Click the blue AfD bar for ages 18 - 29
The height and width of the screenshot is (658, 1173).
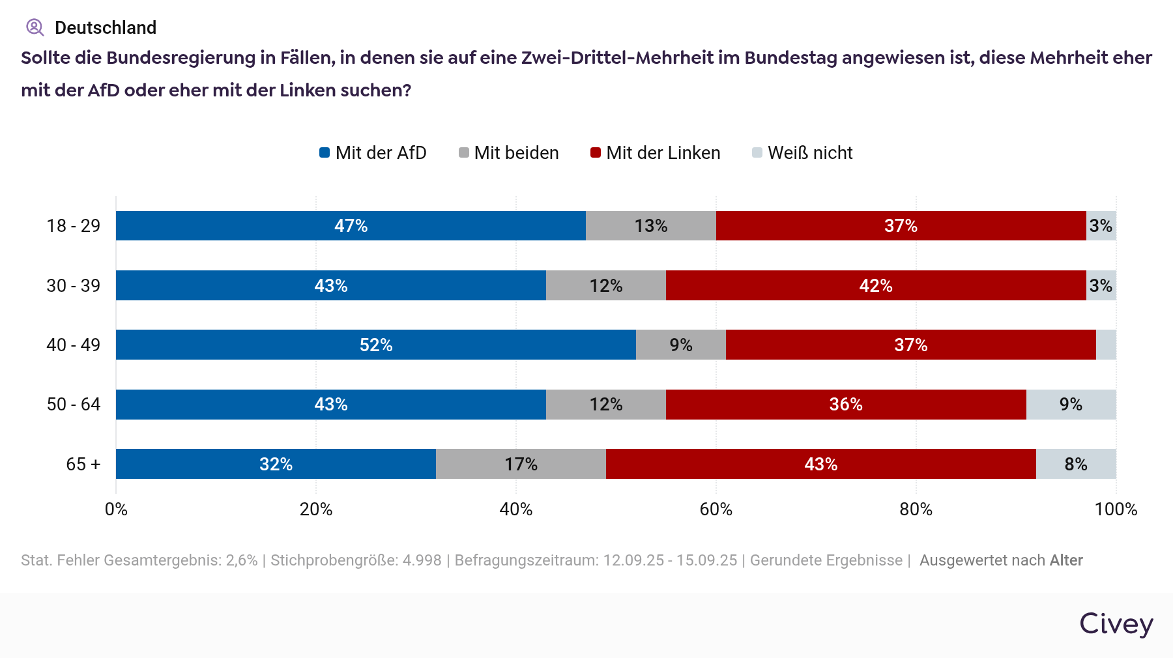(x=351, y=226)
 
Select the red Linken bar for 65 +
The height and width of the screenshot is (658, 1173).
(x=820, y=464)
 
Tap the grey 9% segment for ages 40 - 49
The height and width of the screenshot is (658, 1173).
(x=680, y=345)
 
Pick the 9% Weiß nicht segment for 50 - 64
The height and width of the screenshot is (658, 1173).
(x=1071, y=405)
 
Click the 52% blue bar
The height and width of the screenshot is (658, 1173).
(x=375, y=345)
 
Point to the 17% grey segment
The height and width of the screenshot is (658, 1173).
(x=521, y=464)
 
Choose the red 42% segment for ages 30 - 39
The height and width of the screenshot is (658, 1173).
(x=875, y=285)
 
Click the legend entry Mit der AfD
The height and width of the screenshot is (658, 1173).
(x=373, y=153)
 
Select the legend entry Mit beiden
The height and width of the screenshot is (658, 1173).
(x=509, y=153)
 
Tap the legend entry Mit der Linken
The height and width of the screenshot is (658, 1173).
(x=656, y=153)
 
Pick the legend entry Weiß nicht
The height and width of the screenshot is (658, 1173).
(x=803, y=153)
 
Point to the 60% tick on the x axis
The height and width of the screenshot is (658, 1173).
(x=716, y=509)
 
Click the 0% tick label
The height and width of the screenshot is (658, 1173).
(x=116, y=509)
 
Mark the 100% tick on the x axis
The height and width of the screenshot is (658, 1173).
(x=1116, y=509)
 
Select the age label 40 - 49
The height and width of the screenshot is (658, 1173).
(x=73, y=345)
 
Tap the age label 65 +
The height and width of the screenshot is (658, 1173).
(x=83, y=464)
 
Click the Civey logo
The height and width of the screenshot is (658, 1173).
(x=1116, y=623)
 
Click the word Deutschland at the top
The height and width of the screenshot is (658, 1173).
(x=106, y=28)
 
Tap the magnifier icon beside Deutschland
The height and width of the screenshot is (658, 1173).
(x=35, y=27)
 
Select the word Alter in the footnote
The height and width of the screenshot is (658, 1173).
(x=1066, y=560)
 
